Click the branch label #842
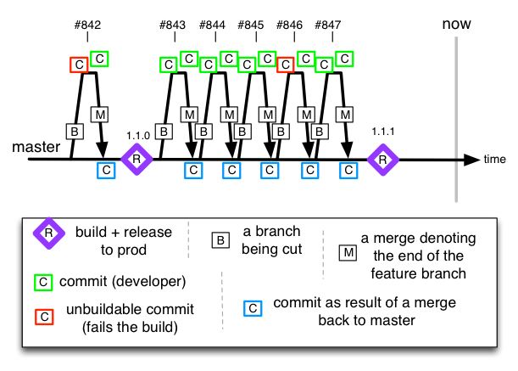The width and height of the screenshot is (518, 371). (x=88, y=25)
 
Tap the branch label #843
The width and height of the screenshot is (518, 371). (x=172, y=25)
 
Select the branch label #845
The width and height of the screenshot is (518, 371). (x=251, y=25)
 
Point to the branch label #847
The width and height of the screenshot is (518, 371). (x=327, y=25)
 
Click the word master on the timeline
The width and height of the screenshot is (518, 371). (x=36, y=147)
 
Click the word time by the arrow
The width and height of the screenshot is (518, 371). (x=496, y=159)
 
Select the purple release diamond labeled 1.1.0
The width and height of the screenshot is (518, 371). (x=136, y=158)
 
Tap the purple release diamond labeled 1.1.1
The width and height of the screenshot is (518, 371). (x=383, y=158)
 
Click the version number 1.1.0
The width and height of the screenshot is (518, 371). (x=137, y=135)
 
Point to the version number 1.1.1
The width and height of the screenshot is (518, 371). (x=384, y=131)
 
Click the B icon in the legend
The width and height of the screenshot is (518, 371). (x=221, y=239)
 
